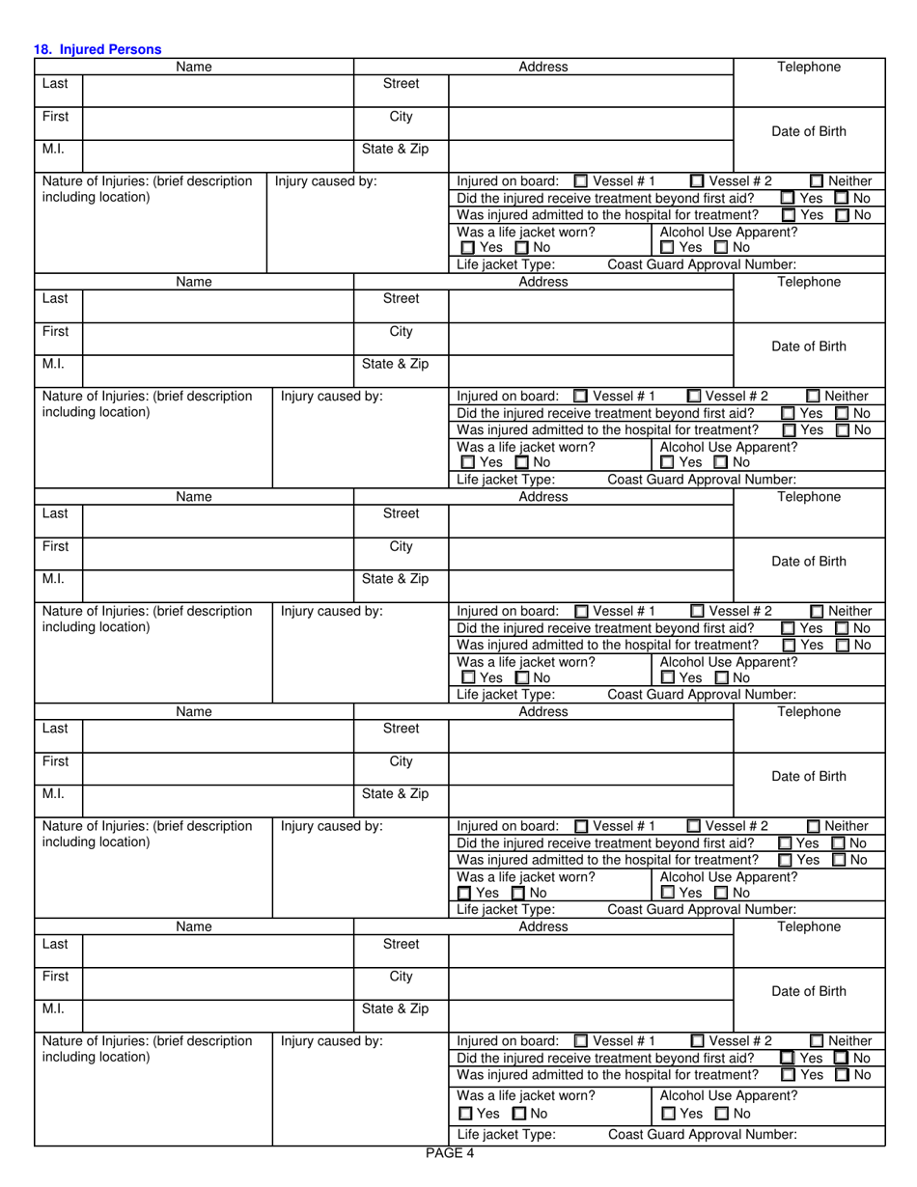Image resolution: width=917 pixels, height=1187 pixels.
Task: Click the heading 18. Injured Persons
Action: click(x=97, y=49)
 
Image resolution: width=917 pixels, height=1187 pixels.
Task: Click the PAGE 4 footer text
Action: click(x=450, y=1152)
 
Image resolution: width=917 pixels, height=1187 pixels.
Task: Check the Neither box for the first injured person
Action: click(x=817, y=180)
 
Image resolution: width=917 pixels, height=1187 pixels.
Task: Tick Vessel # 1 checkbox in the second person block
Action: click(x=580, y=396)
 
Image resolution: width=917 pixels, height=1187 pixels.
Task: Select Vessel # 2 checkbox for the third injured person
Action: click(x=697, y=611)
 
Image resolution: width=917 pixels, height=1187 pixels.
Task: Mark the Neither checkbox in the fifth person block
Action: click(x=817, y=1041)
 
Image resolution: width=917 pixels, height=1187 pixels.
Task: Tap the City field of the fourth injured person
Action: click(x=591, y=769)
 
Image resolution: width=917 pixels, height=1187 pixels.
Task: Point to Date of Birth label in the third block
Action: click(x=809, y=562)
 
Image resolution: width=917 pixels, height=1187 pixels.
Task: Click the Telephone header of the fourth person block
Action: click(x=809, y=712)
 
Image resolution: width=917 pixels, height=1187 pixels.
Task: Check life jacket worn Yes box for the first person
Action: click(x=468, y=248)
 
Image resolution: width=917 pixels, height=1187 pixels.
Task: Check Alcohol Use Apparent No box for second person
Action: click(x=720, y=463)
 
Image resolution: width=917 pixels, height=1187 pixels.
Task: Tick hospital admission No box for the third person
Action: click(x=842, y=646)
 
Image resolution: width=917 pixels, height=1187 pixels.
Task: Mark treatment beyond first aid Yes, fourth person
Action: click(x=785, y=843)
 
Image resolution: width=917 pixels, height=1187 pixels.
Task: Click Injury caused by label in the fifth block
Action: click(x=332, y=1041)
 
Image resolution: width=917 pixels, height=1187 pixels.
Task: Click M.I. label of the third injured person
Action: click(x=54, y=580)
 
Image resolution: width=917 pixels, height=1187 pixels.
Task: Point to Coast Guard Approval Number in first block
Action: click(x=702, y=264)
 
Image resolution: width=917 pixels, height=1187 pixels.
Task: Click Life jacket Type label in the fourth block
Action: click(x=505, y=909)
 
